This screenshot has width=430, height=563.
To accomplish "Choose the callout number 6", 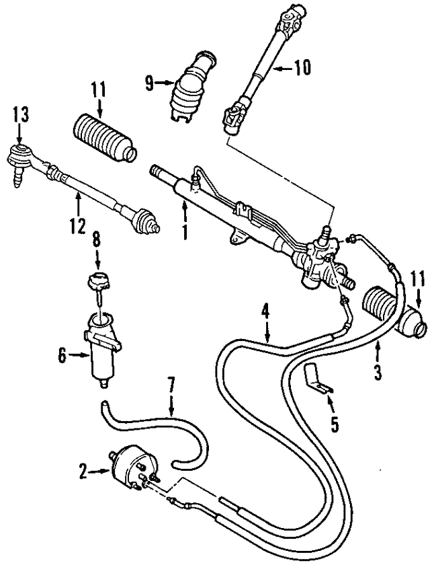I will [x=62, y=356].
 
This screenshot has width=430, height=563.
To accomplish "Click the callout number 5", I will [x=335, y=424].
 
